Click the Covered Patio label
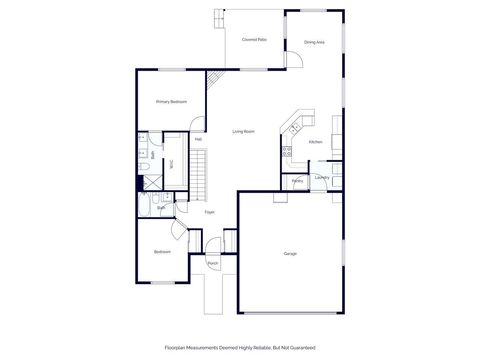click(x=254, y=39)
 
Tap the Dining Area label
click(x=314, y=42)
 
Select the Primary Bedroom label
click(x=171, y=102)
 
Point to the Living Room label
click(x=243, y=132)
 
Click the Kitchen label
click(x=315, y=142)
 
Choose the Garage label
click(x=290, y=253)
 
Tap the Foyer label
click(x=210, y=212)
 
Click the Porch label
click(x=213, y=263)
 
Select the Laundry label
click(x=321, y=177)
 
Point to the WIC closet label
click(x=171, y=162)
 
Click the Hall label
click(x=185, y=139)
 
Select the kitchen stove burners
click(x=287, y=153)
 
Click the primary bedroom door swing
click(x=198, y=127)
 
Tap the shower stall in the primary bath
click(x=151, y=182)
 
